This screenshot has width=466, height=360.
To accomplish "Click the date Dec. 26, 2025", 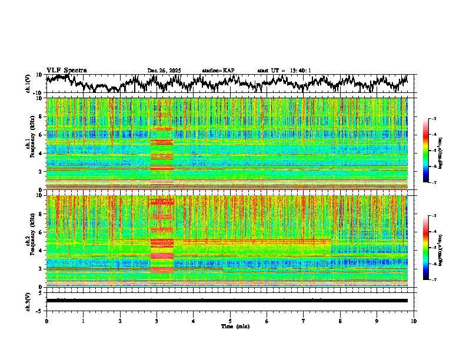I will (164, 71).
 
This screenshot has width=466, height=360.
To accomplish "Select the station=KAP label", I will (218, 71).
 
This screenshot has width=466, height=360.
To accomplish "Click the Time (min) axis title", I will (235, 326).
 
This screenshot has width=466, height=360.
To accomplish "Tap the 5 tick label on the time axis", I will (230, 321).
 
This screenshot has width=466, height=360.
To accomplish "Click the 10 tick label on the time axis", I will (414, 321).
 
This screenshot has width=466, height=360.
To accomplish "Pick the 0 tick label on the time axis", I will (46, 321).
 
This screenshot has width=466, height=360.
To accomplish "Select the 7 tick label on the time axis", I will (304, 321).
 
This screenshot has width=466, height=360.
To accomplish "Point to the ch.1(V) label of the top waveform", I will (28, 84).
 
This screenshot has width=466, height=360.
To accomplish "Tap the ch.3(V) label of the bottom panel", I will (28, 300).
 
